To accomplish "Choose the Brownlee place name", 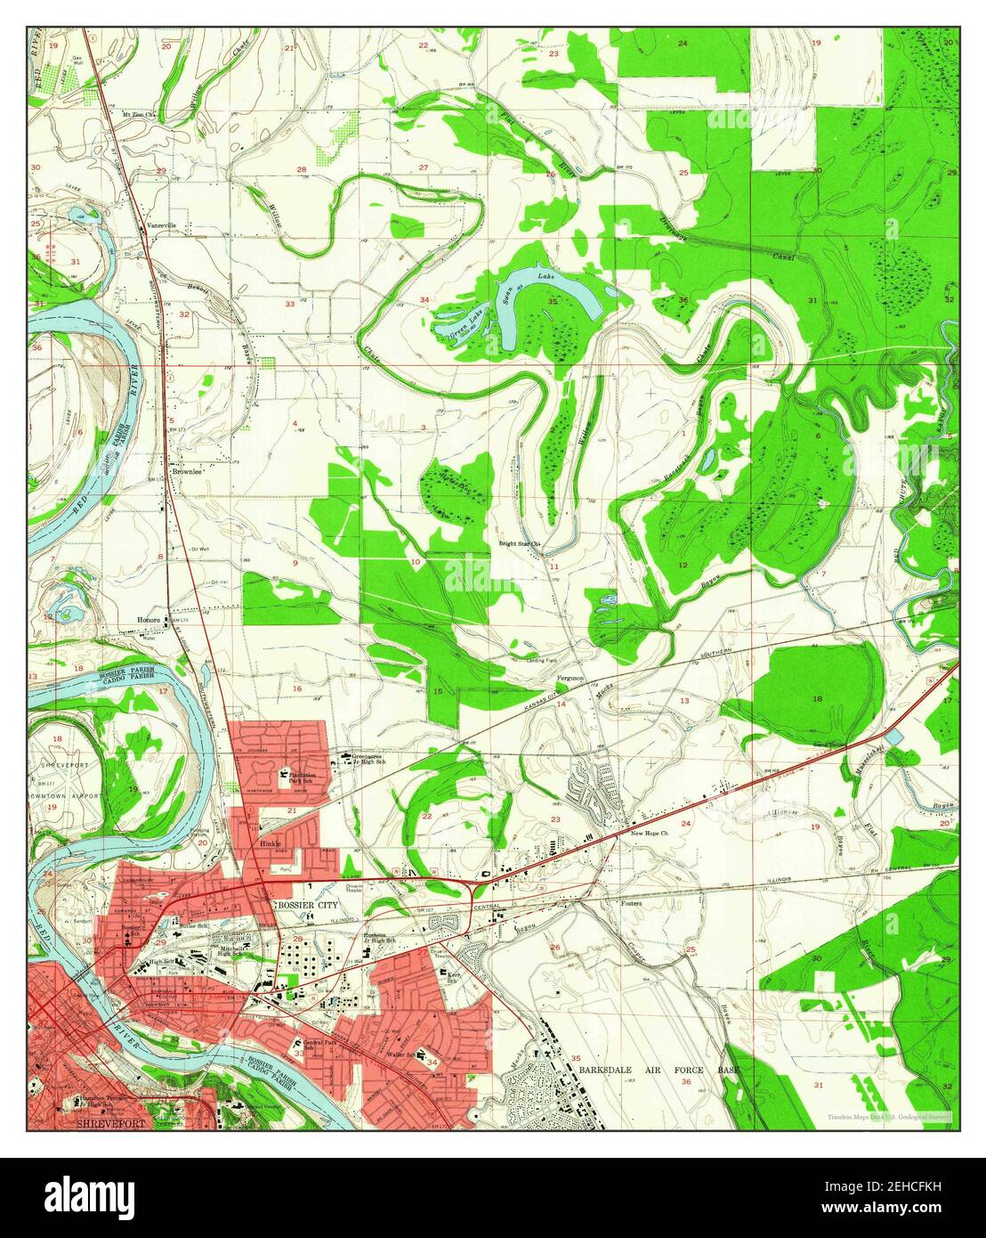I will [188, 473].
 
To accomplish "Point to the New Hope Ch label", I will [649, 833].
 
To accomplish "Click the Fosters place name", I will [630, 902].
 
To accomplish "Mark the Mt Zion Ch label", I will [140, 115].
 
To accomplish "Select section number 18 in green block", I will [816, 699].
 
